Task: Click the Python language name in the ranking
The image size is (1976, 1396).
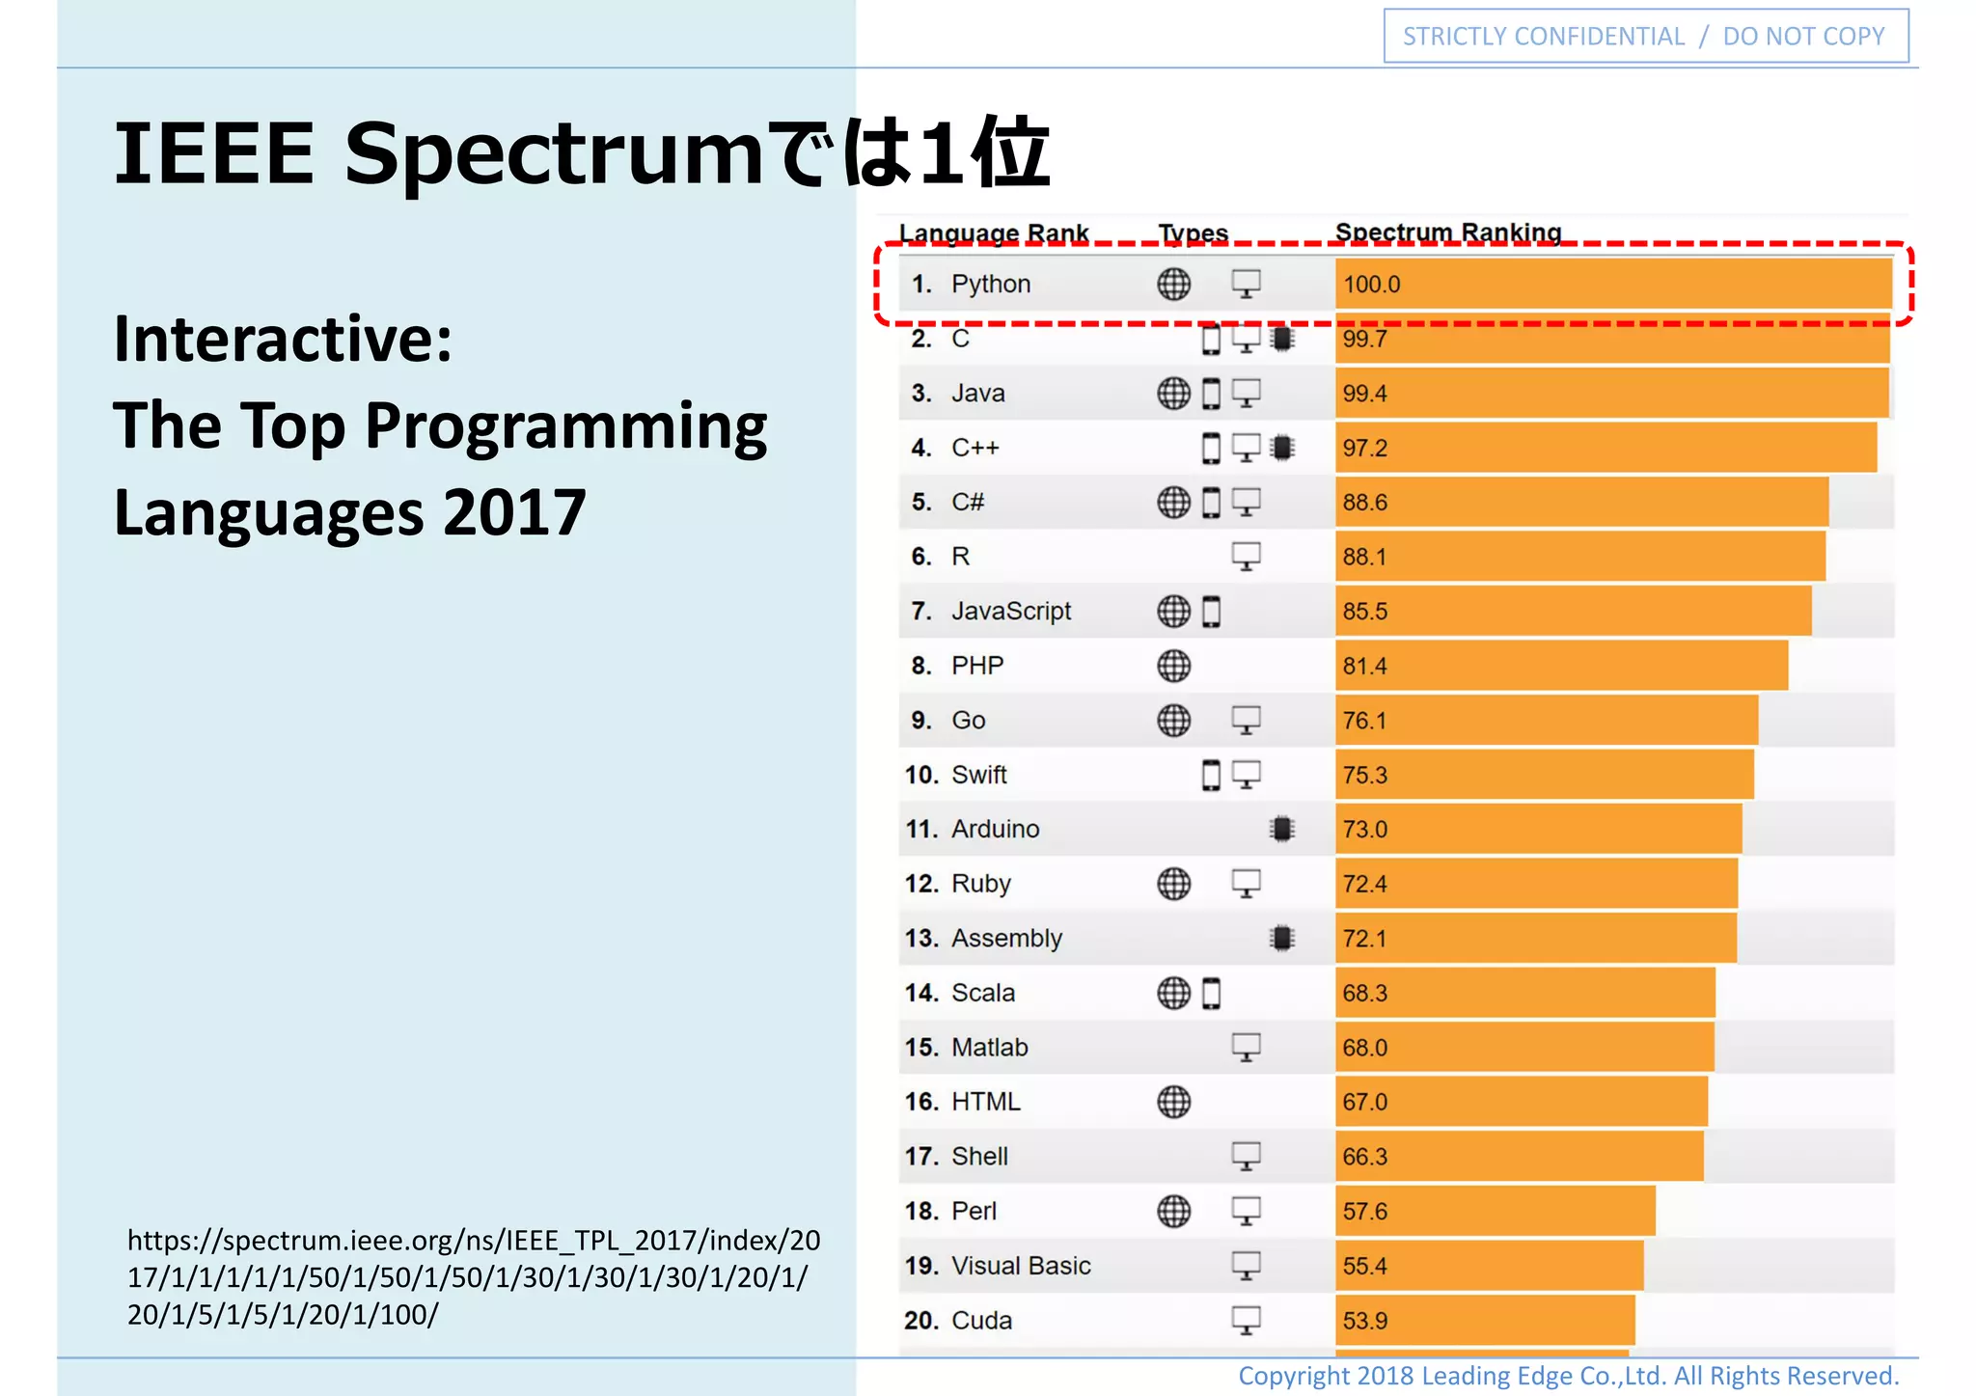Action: pyautogui.click(x=990, y=285)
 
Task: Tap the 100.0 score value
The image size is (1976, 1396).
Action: pyautogui.click(x=1371, y=285)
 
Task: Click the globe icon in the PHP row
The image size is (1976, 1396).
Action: pyautogui.click(x=1173, y=666)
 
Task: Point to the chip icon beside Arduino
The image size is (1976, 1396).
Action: pyautogui.click(x=1281, y=829)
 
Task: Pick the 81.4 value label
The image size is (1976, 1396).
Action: pyautogui.click(x=1364, y=666)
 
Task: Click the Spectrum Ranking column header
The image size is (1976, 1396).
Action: pyautogui.click(x=1447, y=233)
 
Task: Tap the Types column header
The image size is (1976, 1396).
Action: pyautogui.click(x=1193, y=233)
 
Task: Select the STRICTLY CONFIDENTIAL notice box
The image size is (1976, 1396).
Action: pyautogui.click(x=1645, y=37)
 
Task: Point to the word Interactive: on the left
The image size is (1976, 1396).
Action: pyautogui.click(x=283, y=340)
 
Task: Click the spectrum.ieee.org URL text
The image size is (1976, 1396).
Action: pyautogui.click(x=473, y=1276)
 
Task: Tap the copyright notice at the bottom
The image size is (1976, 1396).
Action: pyautogui.click(x=1568, y=1376)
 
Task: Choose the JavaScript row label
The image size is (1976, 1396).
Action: pyautogui.click(x=1010, y=612)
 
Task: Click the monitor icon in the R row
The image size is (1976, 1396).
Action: pyautogui.click(x=1246, y=557)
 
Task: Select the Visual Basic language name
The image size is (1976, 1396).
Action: pyautogui.click(x=1020, y=1266)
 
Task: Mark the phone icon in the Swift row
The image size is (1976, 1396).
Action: pyautogui.click(x=1211, y=775)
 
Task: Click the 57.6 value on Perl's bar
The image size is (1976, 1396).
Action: pyautogui.click(x=1364, y=1211)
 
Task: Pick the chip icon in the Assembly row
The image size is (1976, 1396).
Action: pyautogui.click(x=1281, y=938)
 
